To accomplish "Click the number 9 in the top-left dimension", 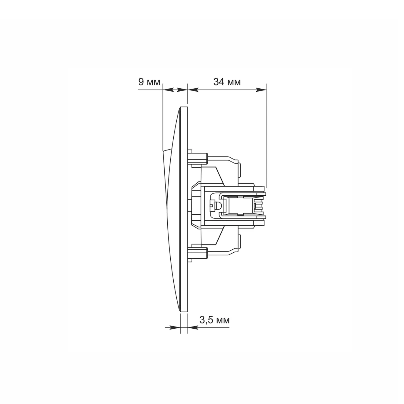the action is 141,82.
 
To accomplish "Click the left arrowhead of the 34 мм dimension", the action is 193,90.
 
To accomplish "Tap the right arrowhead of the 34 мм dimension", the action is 261,90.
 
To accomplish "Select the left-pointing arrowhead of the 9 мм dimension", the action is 168,90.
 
